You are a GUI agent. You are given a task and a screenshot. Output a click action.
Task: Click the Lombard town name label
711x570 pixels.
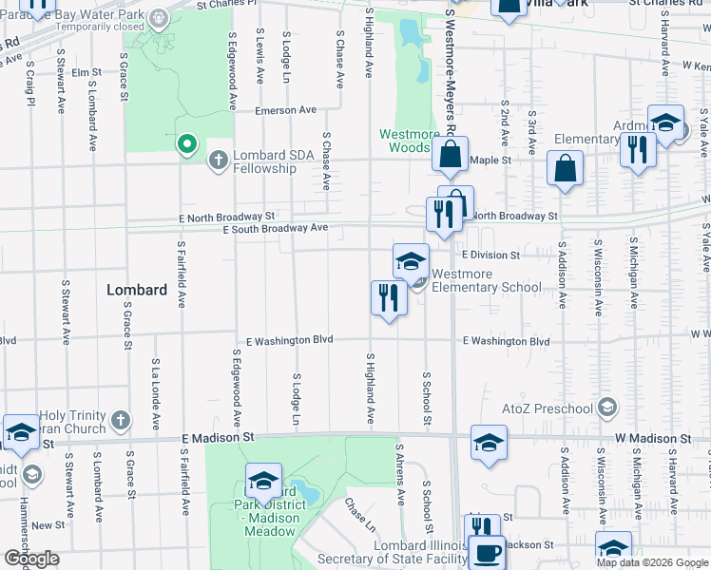(x=137, y=290)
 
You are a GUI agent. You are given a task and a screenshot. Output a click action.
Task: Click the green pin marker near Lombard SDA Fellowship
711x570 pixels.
(x=187, y=145)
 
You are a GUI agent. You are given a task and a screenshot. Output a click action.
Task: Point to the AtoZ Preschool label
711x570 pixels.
(x=547, y=409)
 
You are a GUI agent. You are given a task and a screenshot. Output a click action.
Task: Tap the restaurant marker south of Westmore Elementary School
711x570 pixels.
(x=388, y=299)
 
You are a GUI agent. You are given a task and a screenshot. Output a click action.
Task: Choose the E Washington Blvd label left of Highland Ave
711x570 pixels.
(x=289, y=341)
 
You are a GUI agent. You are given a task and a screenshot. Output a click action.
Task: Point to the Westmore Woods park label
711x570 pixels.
(x=410, y=141)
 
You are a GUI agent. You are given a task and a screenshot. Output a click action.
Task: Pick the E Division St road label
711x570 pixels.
(x=490, y=256)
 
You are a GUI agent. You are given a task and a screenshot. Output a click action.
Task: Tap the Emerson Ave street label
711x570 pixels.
(x=285, y=110)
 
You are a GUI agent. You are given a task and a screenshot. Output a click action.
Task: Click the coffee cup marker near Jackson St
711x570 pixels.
(x=488, y=554)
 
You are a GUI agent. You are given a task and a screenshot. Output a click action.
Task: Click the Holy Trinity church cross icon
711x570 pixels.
(x=120, y=419)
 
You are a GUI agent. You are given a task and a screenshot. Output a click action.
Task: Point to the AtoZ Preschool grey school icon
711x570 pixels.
(x=608, y=408)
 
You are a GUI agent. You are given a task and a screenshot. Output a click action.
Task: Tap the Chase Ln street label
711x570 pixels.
(x=360, y=515)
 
